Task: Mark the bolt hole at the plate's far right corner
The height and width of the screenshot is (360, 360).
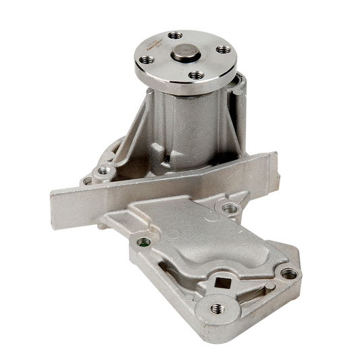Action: click(x=288, y=274)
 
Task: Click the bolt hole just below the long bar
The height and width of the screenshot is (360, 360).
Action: click(x=230, y=207)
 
